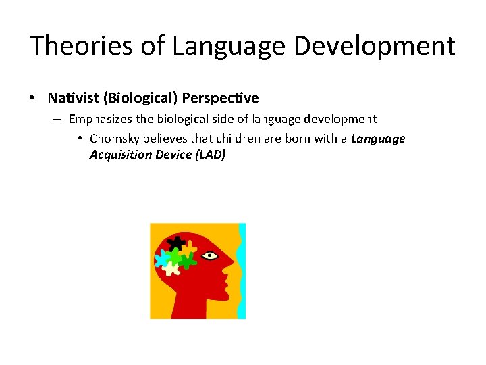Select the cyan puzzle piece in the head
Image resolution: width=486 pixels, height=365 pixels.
pos(162,259)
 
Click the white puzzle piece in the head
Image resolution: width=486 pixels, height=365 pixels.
pos(170,269)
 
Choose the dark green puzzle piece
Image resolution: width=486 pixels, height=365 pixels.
pos(187,260)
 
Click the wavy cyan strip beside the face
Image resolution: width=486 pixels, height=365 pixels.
pos(242,270)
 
